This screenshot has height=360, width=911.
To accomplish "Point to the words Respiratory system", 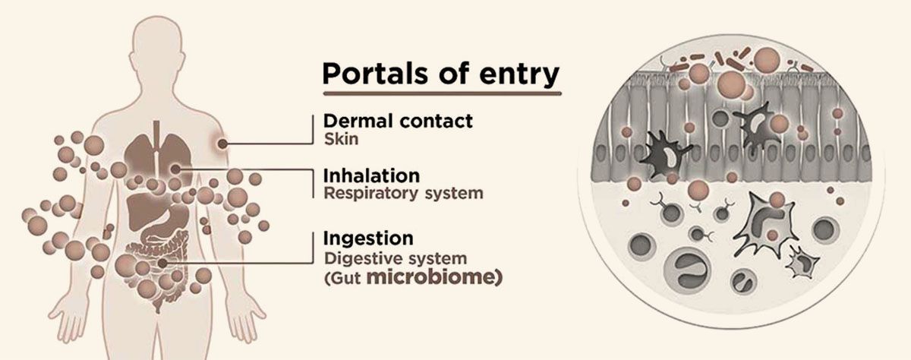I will point(403,193).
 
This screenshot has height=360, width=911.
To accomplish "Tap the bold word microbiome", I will point(435,278).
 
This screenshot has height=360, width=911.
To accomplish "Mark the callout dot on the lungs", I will point(176,169).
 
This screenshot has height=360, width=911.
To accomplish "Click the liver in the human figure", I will point(144,199).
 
